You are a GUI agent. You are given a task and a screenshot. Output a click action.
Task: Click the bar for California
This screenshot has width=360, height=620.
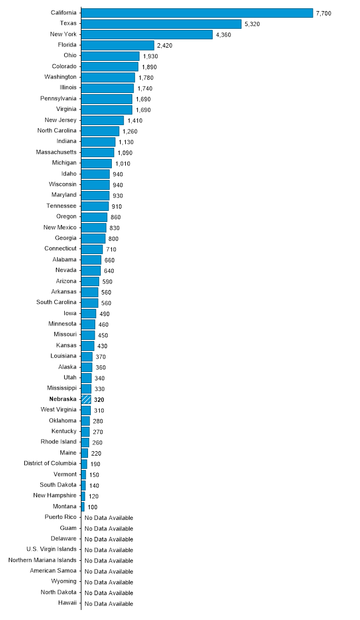pos(197,13)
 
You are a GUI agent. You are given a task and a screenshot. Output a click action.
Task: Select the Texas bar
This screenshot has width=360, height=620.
pos(161,24)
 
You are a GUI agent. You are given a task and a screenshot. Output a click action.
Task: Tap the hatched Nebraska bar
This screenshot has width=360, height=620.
pos(86,399)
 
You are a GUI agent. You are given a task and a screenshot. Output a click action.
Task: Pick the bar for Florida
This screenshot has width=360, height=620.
pos(117,45)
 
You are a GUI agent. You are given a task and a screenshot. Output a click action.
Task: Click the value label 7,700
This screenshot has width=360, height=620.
pos(323,13)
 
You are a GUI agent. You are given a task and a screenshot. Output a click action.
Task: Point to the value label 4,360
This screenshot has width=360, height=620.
pos(223,35)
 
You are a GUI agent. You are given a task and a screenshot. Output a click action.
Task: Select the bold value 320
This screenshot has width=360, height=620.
pos(99,400)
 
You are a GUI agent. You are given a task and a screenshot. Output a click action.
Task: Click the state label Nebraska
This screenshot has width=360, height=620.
pos(63,399)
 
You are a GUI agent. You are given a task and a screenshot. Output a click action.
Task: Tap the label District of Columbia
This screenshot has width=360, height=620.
pos(50,463)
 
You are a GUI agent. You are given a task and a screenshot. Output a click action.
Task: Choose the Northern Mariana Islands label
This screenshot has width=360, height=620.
pos(43,560)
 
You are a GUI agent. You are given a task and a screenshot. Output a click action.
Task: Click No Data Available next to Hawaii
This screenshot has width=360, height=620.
pos(109,604)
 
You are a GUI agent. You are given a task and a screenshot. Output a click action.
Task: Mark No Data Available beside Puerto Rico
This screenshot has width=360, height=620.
pos(109,518)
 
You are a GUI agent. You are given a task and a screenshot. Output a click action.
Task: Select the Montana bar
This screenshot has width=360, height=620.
pos(83,507)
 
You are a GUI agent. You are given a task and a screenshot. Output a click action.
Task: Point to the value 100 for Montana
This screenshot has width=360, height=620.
pos(92,507)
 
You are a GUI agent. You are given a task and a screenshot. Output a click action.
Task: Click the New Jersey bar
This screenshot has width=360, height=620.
pos(102,120)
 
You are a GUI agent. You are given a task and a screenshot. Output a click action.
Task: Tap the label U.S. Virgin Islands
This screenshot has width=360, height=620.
pos(52,549)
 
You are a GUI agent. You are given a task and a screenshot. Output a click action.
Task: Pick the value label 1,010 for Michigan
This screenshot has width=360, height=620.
pos(122,163)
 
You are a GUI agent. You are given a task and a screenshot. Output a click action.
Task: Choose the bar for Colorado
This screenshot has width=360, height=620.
pos(110,67)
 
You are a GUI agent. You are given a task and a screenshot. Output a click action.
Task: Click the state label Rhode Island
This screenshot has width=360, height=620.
pos(59,442)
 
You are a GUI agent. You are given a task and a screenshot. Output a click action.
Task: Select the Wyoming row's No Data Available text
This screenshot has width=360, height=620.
pos(109,582)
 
